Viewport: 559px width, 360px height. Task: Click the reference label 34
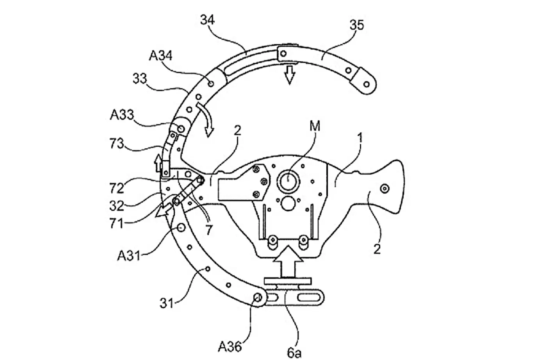coord(207,20)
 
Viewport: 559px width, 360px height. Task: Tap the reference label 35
coord(357,25)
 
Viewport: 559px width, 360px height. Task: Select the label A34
coord(161,56)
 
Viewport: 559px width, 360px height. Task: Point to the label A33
coord(122,115)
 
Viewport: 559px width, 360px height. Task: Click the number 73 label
coord(117,144)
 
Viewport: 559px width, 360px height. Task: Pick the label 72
coord(117,188)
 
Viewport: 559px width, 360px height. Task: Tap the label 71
coord(117,223)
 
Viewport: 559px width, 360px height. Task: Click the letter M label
coord(315,126)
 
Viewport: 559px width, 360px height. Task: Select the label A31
coord(129,256)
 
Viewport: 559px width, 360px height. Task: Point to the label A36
coord(230,347)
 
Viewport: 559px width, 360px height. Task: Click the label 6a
coord(294,353)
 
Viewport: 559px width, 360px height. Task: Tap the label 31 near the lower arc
coord(167,303)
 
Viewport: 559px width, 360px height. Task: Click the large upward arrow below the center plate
coord(288,261)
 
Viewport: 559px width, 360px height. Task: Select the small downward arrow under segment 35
coord(290,75)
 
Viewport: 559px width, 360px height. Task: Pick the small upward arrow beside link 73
coord(158,163)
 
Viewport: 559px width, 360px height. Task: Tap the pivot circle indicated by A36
coord(257,298)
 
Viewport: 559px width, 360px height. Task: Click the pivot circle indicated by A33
coord(181,129)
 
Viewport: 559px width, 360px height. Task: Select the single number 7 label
coord(209,230)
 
